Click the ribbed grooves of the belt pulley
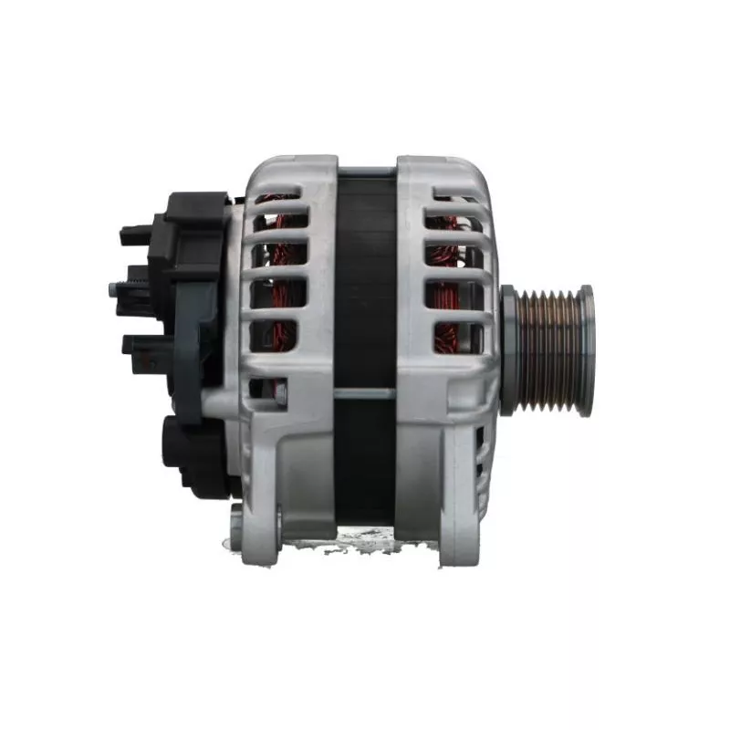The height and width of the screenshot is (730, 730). (550, 349)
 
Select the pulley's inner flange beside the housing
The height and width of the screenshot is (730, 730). (508, 349)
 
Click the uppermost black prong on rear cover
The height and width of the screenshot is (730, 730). (134, 235)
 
